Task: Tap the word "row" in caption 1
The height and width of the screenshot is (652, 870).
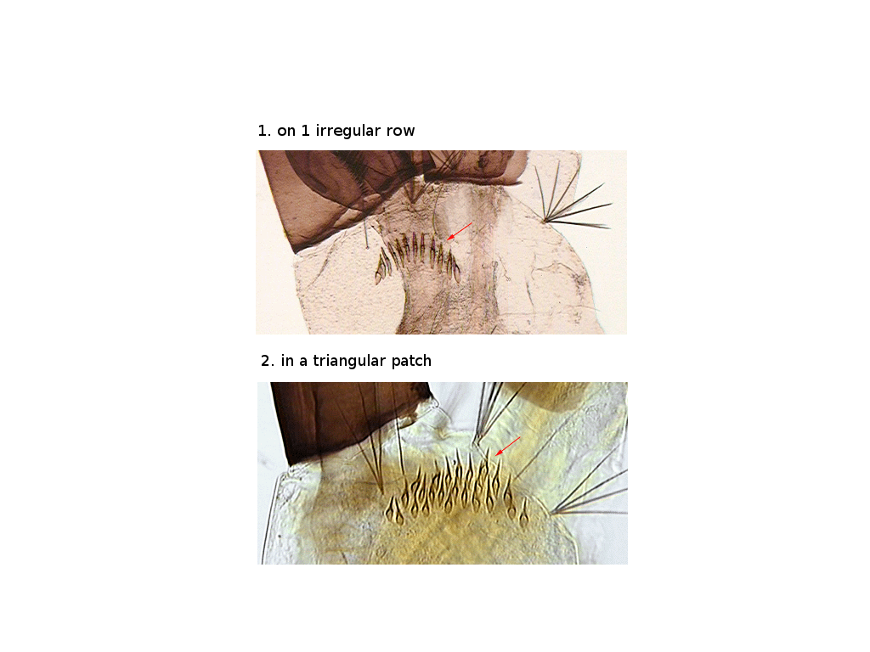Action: pos(401,132)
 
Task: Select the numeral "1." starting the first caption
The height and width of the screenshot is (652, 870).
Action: pos(265,131)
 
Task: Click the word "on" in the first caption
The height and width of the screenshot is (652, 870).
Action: pos(286,132)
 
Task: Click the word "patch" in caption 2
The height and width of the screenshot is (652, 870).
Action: pos(411,361)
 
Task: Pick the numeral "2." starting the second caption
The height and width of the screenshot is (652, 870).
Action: pos(268,361)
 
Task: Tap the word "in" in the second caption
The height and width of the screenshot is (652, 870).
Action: pos(287,360)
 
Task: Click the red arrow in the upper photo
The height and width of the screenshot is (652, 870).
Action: pos(460,231)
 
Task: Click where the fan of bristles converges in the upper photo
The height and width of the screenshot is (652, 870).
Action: pos(545,222)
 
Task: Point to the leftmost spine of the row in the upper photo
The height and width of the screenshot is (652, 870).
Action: pos(380,269)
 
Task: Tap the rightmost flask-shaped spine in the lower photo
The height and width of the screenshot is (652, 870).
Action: pos(523,512)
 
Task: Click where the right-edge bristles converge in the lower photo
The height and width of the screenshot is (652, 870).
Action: pos(552,512)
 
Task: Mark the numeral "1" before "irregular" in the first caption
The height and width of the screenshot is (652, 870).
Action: pos(305,131)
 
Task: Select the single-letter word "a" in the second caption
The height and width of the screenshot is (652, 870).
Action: pos(303,362)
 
